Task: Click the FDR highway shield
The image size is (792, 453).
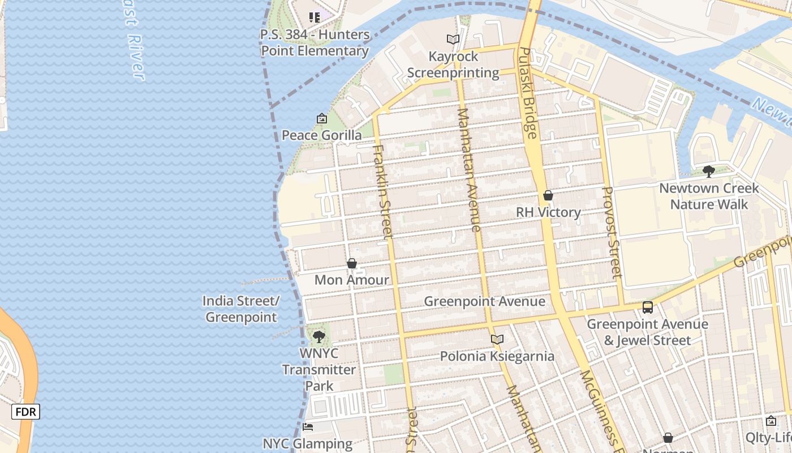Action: click(x=25, y=412)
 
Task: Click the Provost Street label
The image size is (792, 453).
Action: click(x=613, y=232)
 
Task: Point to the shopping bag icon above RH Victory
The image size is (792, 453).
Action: click(x=548, y=196)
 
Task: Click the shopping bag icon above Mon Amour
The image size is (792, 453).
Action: click(x=352, y=264)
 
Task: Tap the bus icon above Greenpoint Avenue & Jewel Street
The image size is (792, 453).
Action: click(x=648, y=307)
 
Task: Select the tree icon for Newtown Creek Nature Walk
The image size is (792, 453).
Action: click(x=708, y=171)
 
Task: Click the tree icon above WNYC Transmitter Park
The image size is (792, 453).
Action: click(x=319, y=337)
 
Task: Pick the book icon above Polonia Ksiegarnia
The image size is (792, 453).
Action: click(x=497, y=340)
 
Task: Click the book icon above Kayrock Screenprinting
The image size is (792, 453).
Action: click(x=453, y=40)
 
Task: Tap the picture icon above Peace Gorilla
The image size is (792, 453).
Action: click(x=322, y=119)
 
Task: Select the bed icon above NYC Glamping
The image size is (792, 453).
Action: click(x=308, y=427)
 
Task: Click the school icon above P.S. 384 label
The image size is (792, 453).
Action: click(x=315, y=18)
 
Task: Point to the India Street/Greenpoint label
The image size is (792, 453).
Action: click(x=241, y=309)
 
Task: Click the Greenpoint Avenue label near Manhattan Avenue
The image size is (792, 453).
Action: click(x=485, y=301)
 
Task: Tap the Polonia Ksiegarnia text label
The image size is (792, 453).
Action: click(x=497, y=356)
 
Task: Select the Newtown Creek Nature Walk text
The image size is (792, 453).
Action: click(x=709, y=196)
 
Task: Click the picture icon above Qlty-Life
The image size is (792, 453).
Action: click(x=771, y=421)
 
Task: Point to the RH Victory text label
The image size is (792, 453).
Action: click(x=548, y=212)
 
